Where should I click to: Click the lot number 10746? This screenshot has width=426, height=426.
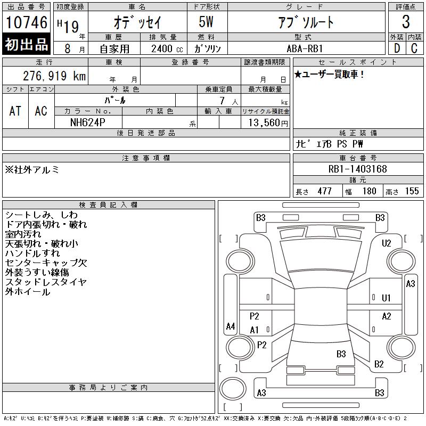coord(27,22)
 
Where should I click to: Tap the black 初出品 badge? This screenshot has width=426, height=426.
coord(26,44)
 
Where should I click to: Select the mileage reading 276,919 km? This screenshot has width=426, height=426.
coord(54,76)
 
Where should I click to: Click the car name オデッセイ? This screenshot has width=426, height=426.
coord(137,22)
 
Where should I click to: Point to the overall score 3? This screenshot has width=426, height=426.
coord(406,22)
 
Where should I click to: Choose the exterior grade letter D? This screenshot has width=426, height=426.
coord(397,48)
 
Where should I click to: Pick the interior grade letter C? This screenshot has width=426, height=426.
coord(414,48)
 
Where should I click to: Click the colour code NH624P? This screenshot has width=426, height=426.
coord(88,122)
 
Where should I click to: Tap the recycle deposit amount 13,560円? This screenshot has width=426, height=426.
coord(268,123)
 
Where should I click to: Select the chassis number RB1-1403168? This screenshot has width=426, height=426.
coord(357,169)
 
